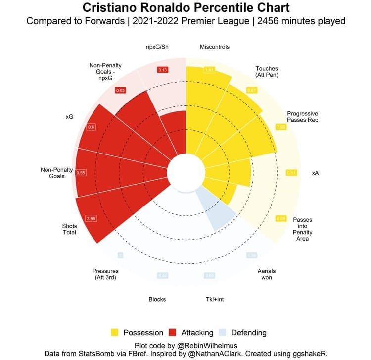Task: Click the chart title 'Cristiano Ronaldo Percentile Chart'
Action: pyautogui.click(x=185, y=8)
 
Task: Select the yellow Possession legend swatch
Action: pyautogui.click(x=114, y=332)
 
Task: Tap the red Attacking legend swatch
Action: pyautogui.click(x=173, y=332)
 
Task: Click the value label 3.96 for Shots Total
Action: pyautogui.click(x=91, y=218)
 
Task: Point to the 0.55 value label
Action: pyautogui.click(x=82, y=173)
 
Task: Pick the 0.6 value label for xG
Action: pyautogui.click(x=91, y=127)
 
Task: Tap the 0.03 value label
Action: pyautogui.click(x=120, y=90)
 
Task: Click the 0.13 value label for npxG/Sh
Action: pyautogui.click(x=162, y=70)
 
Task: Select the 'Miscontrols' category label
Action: pyautogui.click(x=214, y=47)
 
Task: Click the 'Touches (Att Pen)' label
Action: pyautogui.click(x=267, y=72)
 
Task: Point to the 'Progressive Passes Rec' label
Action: pyautogui.click(x=302, y=117)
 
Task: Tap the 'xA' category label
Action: pyautogui.click(x=315, y=173)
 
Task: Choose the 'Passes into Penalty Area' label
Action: pyautogui.click(x=302, y=229)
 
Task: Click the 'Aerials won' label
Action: pyautogui.click(x=267, y=274)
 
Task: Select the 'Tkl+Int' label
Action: pyautogui.click(x=215, y=299)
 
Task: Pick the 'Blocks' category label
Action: pyautogui.click(x=157, y=299)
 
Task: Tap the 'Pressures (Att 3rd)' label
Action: pyautogui.click(x=105, y=274)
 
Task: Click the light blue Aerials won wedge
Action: pyautogui.click(x=218, y=211)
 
